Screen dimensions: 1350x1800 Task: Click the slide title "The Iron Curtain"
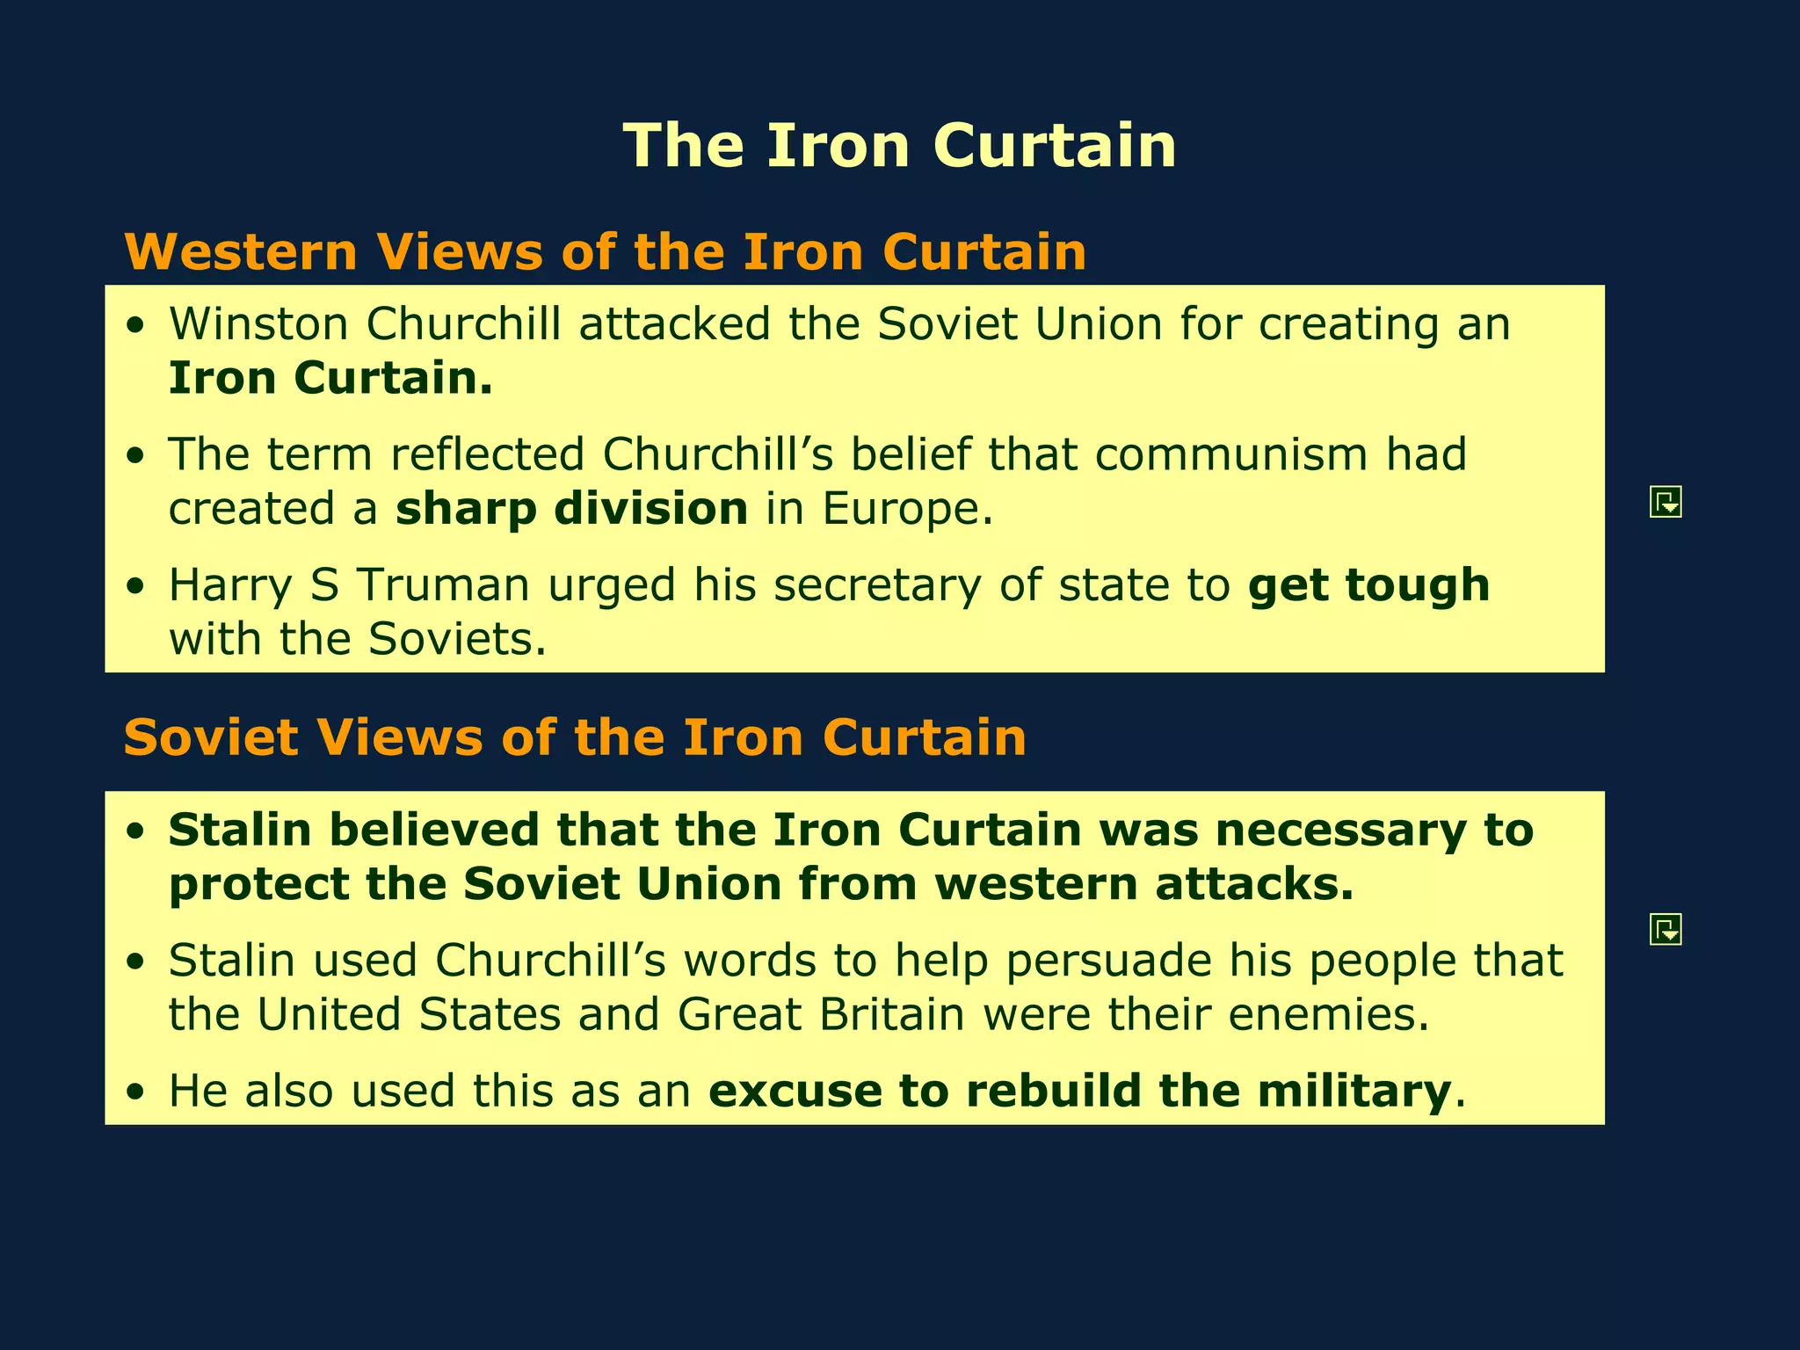click(899, 145)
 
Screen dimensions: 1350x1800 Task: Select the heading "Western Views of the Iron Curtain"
click(606, 252)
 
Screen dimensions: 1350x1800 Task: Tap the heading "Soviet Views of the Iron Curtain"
click(575, 737)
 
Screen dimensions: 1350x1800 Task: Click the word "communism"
click(1231, 454)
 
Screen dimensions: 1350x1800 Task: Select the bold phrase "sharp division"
click(571, 509)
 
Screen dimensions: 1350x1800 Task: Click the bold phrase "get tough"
click(1368, 586)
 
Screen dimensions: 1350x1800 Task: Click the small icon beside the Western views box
click(1666, 502)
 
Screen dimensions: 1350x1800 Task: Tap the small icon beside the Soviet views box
click(1666, 929)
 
